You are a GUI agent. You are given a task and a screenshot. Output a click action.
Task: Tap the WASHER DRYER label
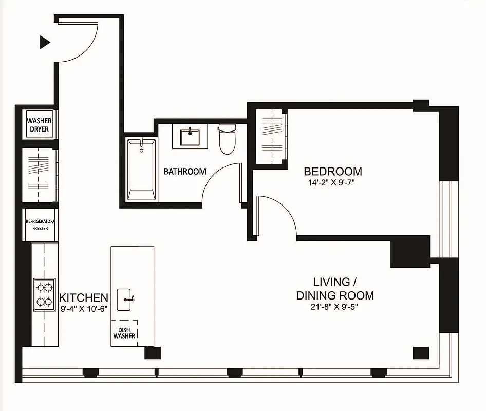39,125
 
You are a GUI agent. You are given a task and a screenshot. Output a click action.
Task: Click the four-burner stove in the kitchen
44,294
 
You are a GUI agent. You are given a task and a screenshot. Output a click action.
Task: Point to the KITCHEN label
84,297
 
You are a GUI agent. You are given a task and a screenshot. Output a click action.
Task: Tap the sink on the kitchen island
126,300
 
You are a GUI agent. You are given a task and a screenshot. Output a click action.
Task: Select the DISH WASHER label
124,332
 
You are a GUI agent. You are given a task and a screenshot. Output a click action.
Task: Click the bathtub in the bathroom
141,169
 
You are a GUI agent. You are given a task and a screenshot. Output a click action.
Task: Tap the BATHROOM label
185,171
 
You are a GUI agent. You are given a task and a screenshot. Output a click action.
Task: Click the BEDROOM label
332,171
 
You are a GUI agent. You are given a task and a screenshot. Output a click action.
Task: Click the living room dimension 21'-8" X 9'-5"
335,308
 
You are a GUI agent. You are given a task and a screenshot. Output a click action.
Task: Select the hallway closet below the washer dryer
39,175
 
